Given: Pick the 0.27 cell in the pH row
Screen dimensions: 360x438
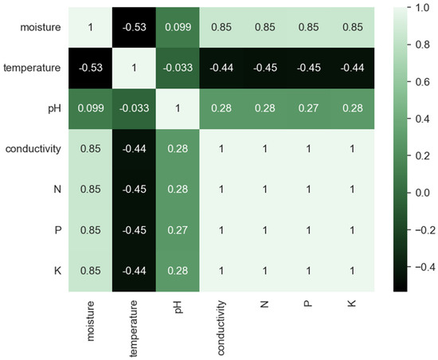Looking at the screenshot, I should (307, 108).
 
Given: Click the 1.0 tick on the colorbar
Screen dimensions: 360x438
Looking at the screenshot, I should (415, 9).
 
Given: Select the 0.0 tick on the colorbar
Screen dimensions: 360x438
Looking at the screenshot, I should (415, 192).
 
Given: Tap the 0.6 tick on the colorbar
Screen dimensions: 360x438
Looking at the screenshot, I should (415, 82).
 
